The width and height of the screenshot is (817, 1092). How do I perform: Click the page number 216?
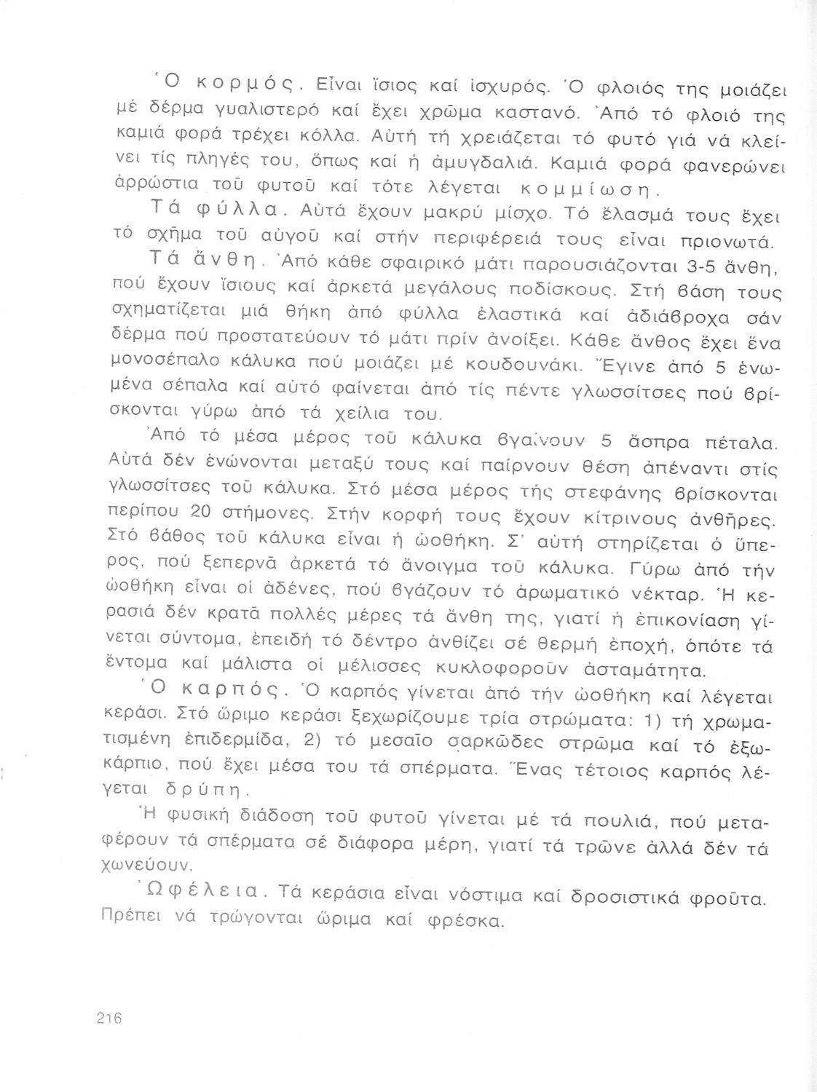click(107, 1018)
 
